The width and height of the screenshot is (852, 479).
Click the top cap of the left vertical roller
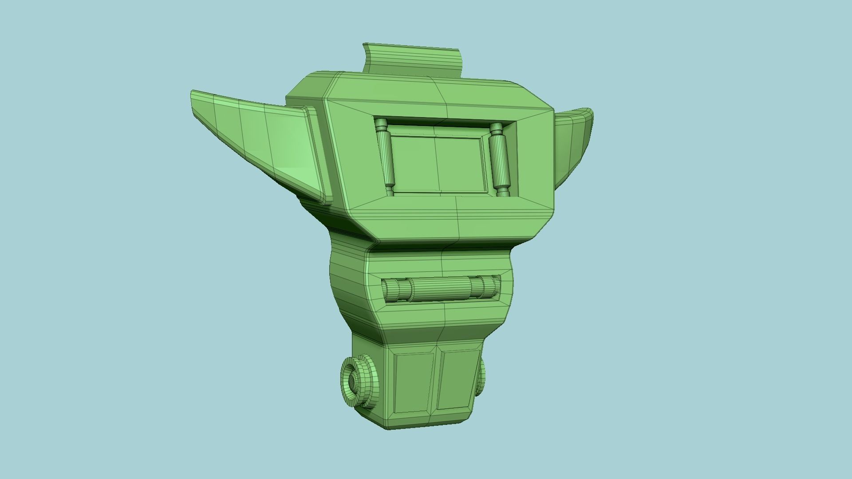pos(381,124)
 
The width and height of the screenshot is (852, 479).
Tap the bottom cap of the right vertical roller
pos(503,192)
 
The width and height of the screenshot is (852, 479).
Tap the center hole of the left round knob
pos(352,381)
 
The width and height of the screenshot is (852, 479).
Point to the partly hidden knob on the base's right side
pos(481,377)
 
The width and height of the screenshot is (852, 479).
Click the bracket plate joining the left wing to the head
pos(319,155)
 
